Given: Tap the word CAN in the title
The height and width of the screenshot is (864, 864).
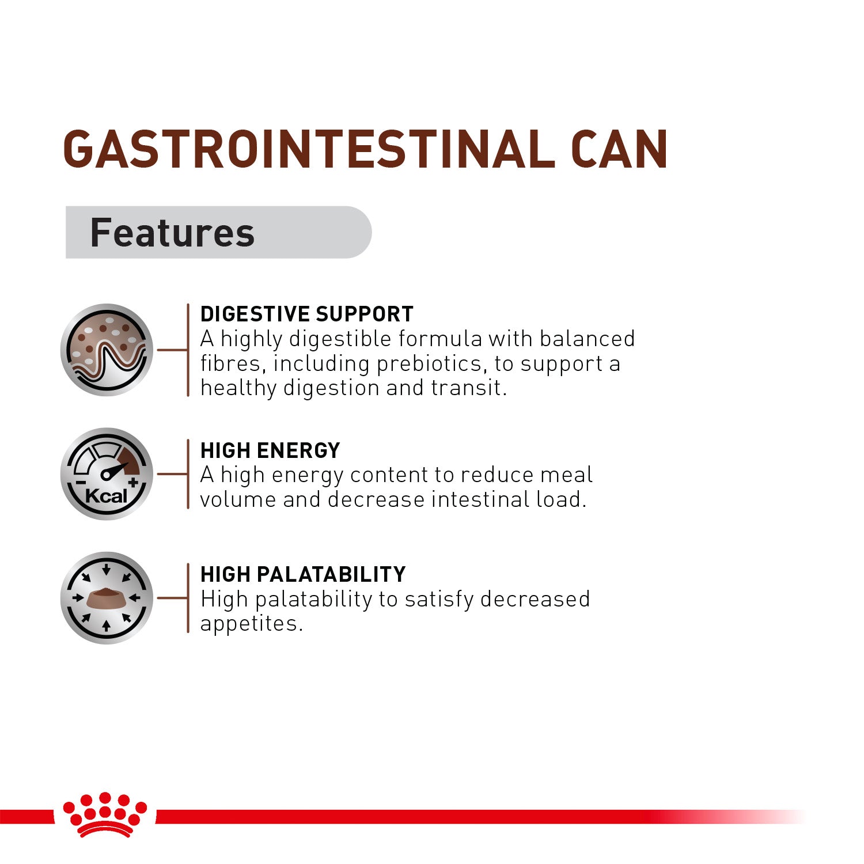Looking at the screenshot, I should point(619,150).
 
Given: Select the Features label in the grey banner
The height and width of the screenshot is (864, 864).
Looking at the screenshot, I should point(172,233).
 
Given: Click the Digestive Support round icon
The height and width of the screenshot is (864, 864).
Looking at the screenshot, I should point(107,350).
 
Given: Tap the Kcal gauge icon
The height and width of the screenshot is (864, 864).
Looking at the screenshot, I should point(107,473).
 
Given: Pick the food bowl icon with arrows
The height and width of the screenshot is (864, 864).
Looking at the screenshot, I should point(107,598).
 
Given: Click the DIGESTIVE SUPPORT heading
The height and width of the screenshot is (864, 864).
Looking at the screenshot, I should point(306,314).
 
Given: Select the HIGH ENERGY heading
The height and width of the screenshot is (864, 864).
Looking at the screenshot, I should point(270,450).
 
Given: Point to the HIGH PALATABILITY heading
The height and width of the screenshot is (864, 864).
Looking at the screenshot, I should point(303,574).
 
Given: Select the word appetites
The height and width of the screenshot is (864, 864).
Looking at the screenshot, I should point(251,623).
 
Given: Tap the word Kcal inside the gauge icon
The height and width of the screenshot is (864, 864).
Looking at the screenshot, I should point(106,496).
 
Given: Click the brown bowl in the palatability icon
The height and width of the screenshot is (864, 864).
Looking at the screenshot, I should point(107,599).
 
